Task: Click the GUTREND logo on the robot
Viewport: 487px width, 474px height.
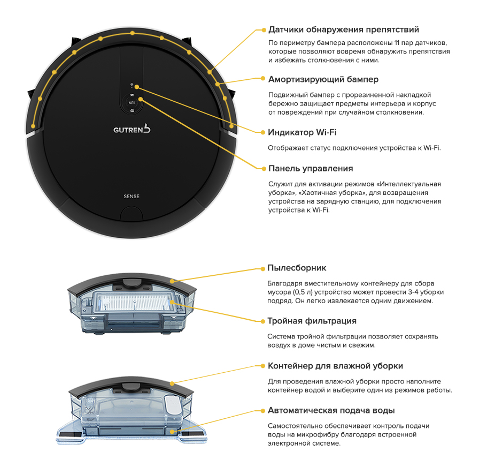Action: click(132, 129)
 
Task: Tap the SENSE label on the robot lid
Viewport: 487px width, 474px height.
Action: click(132, 197)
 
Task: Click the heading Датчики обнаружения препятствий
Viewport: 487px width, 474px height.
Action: click(344, 29)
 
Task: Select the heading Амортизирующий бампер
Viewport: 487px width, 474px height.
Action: click(323, 79)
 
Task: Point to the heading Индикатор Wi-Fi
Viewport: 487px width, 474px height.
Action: click(302, 132)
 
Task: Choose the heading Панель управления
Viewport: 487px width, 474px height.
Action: click(311, 168)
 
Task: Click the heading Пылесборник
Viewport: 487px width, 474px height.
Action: click(297, 268)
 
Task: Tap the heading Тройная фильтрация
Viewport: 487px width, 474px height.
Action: click(312, 321)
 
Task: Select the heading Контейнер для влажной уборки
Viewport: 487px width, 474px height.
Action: click(335, 366)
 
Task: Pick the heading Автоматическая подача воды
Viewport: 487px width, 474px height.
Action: click(331, 410)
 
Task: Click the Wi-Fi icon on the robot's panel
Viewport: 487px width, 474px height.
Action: click(132, 85)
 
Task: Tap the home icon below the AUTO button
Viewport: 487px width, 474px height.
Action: click(132, 110)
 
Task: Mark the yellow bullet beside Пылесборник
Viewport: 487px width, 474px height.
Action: click(263, 269)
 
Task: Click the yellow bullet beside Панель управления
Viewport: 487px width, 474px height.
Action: click(264, 169)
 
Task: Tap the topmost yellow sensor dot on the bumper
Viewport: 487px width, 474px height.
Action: click(133, 33)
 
